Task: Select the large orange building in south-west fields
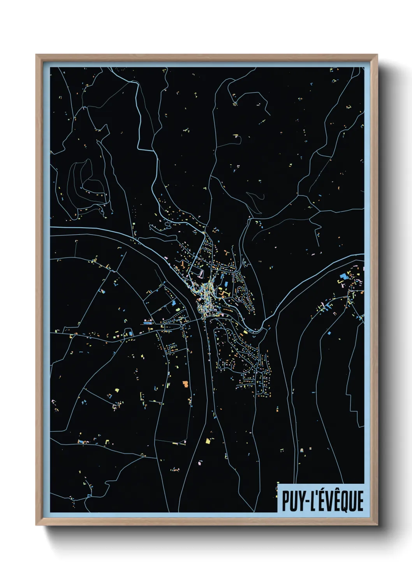185,384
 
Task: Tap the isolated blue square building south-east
329,333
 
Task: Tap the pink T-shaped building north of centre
201,274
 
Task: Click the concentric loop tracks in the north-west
84,183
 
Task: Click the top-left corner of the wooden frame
36,55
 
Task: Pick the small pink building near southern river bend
200,463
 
